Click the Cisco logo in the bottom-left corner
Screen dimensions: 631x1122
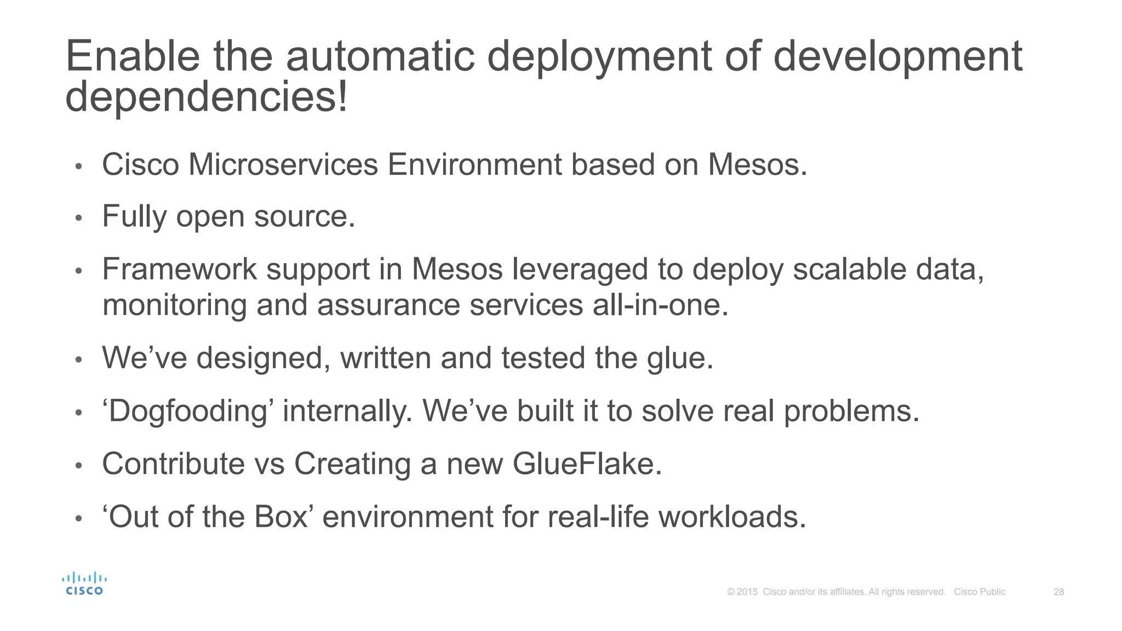(84, 584)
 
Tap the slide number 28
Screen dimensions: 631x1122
(1058, 592)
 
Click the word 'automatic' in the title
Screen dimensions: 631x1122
(380, 56)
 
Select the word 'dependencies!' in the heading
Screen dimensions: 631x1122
(206, 97)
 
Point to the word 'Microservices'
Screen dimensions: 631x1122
(283, 164)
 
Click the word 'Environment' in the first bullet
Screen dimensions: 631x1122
(474, 164)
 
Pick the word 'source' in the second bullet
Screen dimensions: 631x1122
(300, 216)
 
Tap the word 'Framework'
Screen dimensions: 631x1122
(179, 269)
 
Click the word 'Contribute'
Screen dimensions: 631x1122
(173, 464)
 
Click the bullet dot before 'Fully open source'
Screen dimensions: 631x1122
(78, 218)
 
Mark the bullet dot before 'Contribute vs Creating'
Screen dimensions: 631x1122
(78, 466)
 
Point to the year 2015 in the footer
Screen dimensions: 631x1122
(747, 592)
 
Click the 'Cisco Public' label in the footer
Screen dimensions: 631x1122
(980, 592)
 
